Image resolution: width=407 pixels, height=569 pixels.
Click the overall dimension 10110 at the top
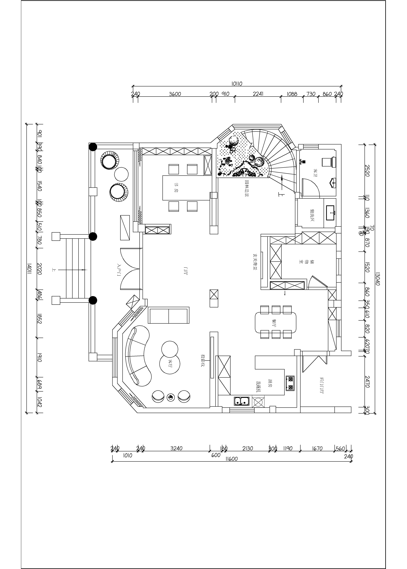pyautogui.click(x=237, y=84)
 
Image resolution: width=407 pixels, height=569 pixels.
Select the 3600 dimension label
pyautogui.click(x=175, y=94)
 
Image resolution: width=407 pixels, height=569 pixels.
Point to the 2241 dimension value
pyautogui.click(x=258, y=94)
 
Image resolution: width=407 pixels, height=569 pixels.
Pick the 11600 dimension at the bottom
pyautogui.click(x=231, y=459)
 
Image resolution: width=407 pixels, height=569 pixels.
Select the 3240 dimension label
pyautogui.click(x=176, y=448)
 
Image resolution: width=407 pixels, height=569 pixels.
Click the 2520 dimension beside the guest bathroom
pyautogui.click(x=367, y=171)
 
